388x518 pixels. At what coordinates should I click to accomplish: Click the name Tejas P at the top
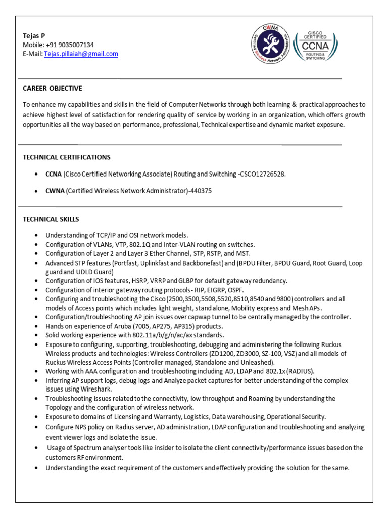coord(34,35)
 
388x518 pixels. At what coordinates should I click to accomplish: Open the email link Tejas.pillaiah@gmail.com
coord(81,54)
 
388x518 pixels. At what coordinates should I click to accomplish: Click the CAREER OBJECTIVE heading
coord(52,89)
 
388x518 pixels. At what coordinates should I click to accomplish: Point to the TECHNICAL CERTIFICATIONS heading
coord(67,157)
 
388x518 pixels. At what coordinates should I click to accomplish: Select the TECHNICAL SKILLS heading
coord(51,219)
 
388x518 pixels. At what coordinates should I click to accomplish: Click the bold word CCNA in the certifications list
coord(54,174)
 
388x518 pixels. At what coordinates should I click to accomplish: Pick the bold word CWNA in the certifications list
coord(55,191)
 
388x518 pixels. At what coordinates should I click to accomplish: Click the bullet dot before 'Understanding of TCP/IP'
coord(36,236)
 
